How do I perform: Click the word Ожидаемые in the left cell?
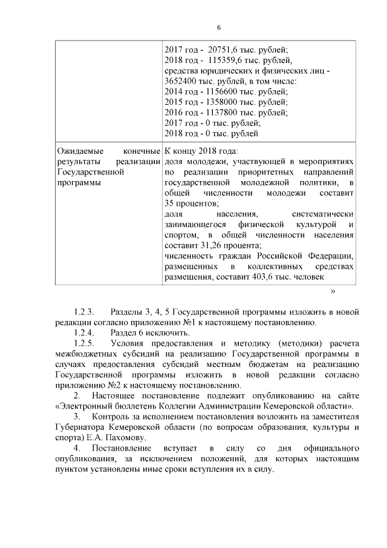pos(79,150)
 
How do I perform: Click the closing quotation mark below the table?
pos(333,291)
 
